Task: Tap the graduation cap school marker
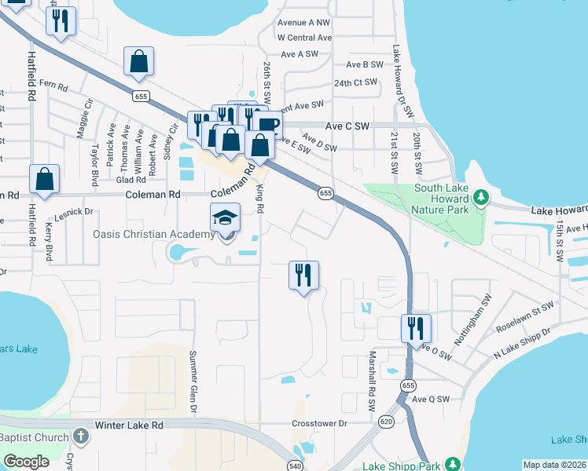tap(225, 217)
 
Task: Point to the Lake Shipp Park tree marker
tap(452, 465)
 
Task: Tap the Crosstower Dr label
tap(319, 424)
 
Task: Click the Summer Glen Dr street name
tap(192, 382)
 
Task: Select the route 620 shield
tap(382, 422)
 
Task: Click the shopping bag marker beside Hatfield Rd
tap(45, 180)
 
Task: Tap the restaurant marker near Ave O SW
tap(416, 329)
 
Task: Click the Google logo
tap(26, 462)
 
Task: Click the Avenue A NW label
tap(304, 23)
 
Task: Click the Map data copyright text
tap(554, 465)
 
